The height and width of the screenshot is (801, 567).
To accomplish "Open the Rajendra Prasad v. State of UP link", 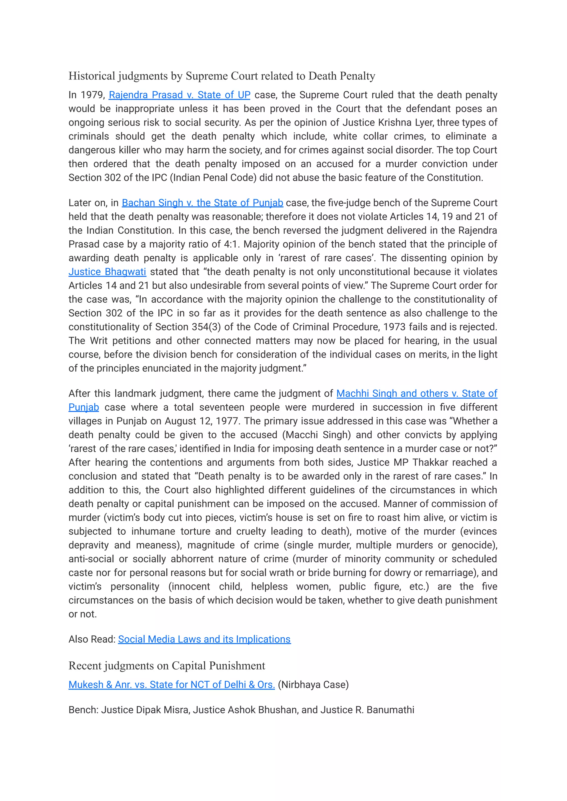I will [179, 95].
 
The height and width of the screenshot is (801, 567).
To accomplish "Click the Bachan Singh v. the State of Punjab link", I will [202, 203].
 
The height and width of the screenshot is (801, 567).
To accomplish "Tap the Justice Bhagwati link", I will [107, 272].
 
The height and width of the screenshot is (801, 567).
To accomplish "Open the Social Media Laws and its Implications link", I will [204, 639].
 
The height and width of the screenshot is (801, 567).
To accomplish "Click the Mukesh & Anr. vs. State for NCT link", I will [171, 684].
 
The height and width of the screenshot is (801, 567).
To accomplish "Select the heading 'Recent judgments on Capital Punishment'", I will [167, 666].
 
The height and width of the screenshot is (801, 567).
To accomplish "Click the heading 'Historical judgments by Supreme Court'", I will [221, 76].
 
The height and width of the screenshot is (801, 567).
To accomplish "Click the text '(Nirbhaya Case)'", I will [313, 684].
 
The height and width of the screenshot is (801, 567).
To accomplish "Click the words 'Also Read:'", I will [92, 639].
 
